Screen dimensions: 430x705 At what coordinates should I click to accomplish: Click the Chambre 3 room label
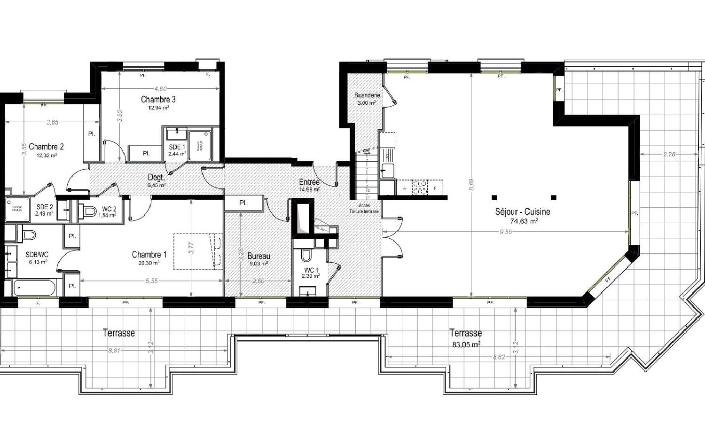158,99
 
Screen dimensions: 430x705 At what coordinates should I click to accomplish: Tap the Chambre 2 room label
46,147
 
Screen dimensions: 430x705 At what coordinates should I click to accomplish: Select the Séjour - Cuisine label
522,212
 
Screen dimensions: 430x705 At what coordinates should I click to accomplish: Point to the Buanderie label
367,95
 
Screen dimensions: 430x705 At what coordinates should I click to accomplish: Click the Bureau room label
258,256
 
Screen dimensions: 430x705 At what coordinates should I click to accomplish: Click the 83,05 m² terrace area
466,344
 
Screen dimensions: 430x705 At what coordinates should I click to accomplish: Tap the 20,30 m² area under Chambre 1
149,263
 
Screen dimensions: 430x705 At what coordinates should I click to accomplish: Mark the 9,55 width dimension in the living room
506,232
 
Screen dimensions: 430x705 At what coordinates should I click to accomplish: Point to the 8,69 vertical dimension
471,185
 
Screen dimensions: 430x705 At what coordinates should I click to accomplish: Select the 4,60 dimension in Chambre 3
160,88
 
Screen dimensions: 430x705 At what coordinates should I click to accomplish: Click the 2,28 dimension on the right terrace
669,154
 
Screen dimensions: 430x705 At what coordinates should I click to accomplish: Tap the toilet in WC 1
306,256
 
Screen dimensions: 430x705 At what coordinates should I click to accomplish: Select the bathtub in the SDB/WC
34,287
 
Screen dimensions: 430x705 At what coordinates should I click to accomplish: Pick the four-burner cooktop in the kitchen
420,188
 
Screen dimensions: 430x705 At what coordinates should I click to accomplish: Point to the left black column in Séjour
494,197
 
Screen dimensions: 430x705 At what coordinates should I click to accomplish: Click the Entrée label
309,182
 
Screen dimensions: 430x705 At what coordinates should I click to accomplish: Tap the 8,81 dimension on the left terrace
114,350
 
